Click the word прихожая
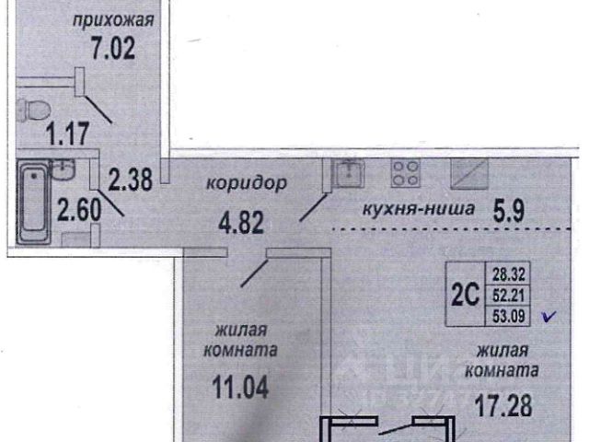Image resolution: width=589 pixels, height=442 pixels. [114, 19]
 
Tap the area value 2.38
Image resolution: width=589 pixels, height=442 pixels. [128, 178]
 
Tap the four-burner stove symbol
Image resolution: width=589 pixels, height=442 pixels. [406, 172]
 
